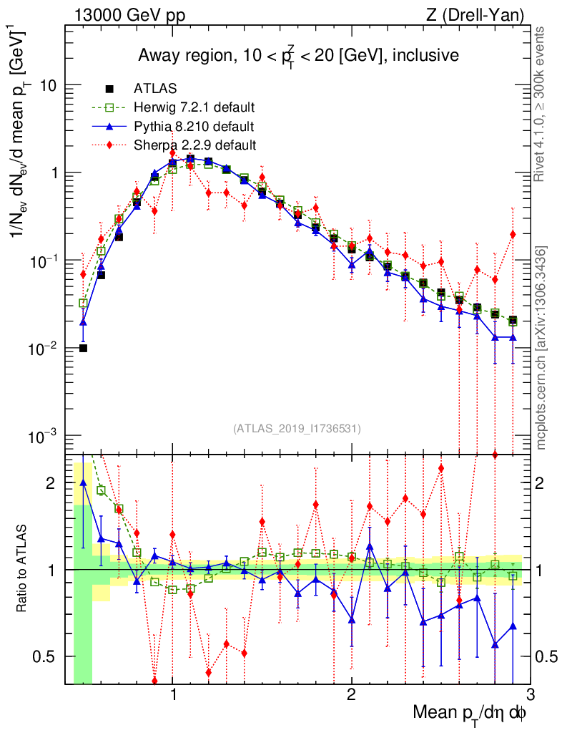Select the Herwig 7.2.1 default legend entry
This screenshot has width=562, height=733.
tap(194, 107)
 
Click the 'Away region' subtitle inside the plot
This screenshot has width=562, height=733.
tap(298, 55)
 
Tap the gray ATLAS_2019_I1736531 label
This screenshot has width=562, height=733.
tap(297, 429)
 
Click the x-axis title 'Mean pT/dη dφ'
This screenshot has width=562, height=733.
tap(470, 712)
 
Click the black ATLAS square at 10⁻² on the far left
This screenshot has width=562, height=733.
tap(83, 349)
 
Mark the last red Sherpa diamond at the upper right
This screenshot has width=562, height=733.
tap(513, 234)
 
